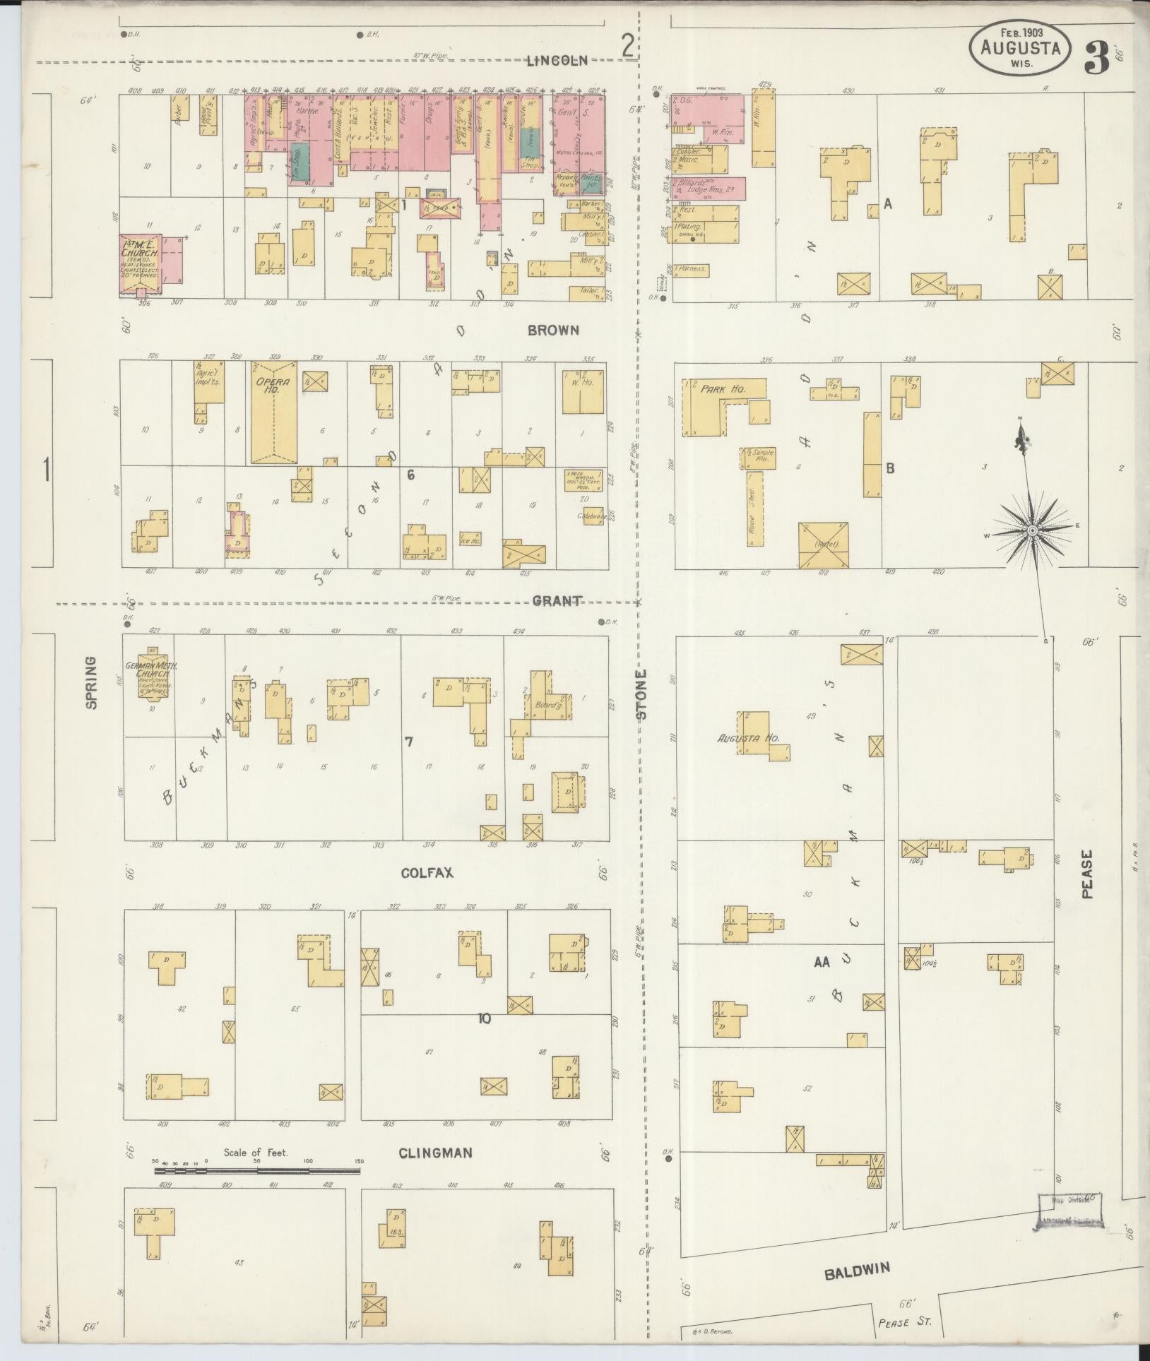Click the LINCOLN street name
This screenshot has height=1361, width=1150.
557,61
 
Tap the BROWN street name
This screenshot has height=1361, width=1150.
554,330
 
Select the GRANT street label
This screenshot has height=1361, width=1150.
557,601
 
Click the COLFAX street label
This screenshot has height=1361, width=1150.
427,872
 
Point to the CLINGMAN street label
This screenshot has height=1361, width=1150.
435,1153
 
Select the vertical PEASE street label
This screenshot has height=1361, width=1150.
1087,874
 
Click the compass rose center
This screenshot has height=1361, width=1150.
1032,530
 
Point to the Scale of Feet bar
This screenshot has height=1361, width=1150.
257,1170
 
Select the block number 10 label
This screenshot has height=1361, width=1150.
484,1018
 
